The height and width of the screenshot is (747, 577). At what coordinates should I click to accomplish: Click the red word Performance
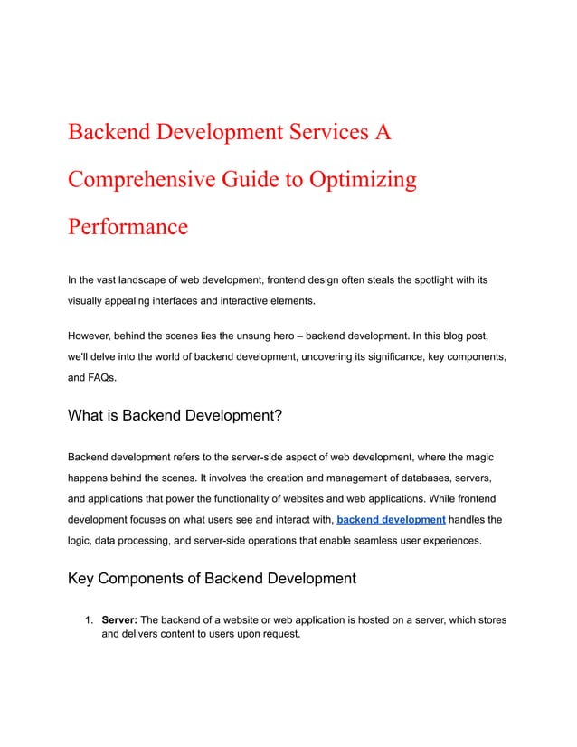coord(128,225)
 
